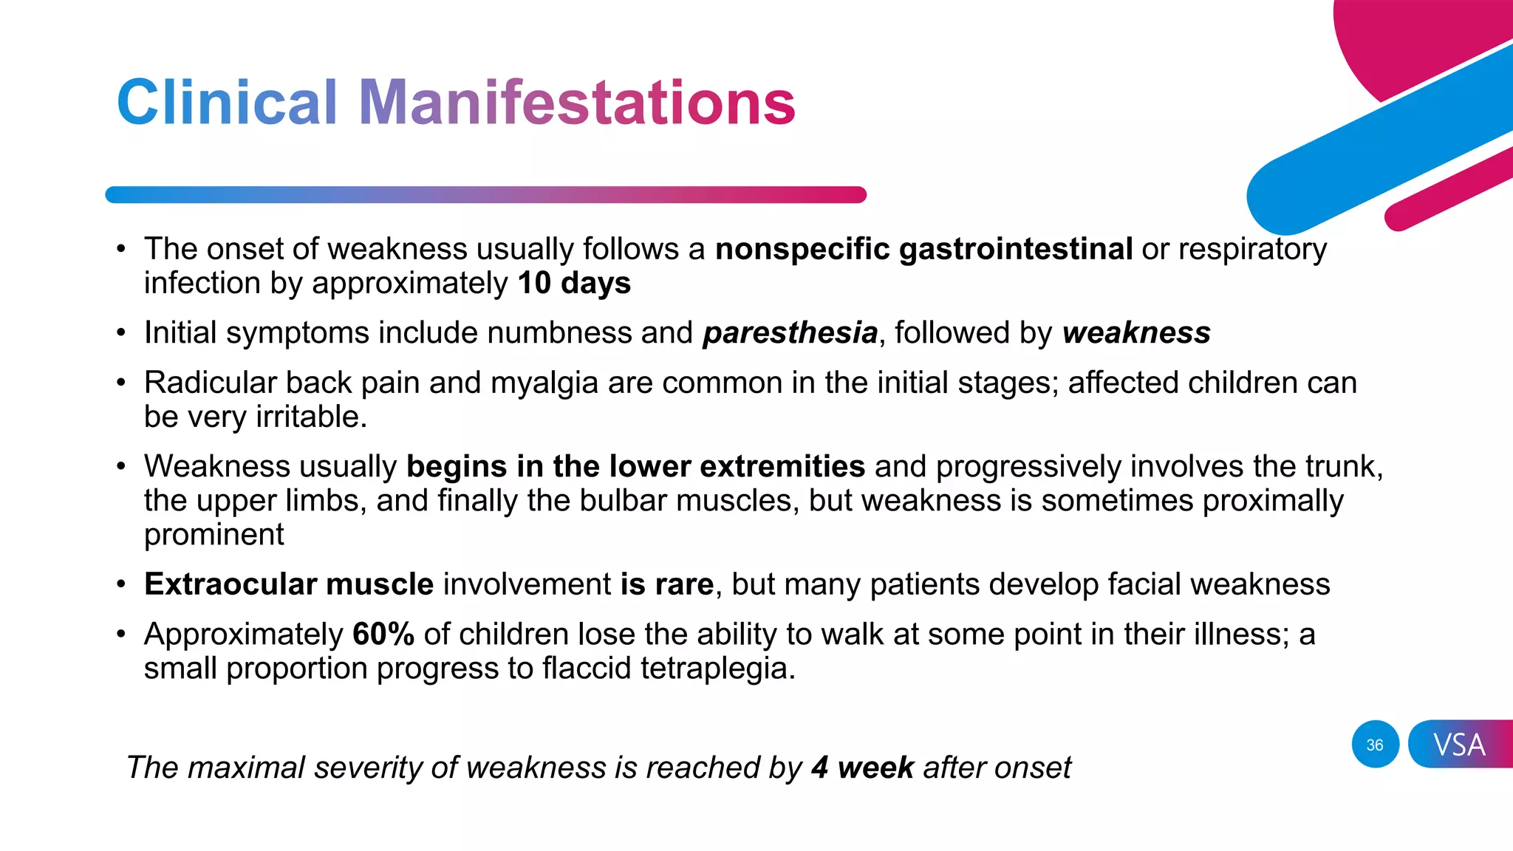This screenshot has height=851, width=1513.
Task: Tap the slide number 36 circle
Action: coord(1375,745)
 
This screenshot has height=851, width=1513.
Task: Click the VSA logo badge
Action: coord(1459,745)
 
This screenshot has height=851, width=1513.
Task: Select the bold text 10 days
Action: coord(574,284)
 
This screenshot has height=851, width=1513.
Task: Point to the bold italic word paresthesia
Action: coord(790,333)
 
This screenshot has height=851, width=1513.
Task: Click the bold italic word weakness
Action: coord(1136,333)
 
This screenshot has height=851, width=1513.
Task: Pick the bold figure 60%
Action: coord(383,635)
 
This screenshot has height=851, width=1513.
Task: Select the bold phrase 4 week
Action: coord(862,768)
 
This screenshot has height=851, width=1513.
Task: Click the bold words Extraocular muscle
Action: coord(289,585)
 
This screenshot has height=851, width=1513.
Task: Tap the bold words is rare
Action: coord(666,585)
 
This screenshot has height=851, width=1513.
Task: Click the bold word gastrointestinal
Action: coord(1015,250)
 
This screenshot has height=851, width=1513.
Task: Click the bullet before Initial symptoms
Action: coord(121,334)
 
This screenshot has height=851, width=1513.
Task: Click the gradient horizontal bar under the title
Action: coord(485,195)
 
